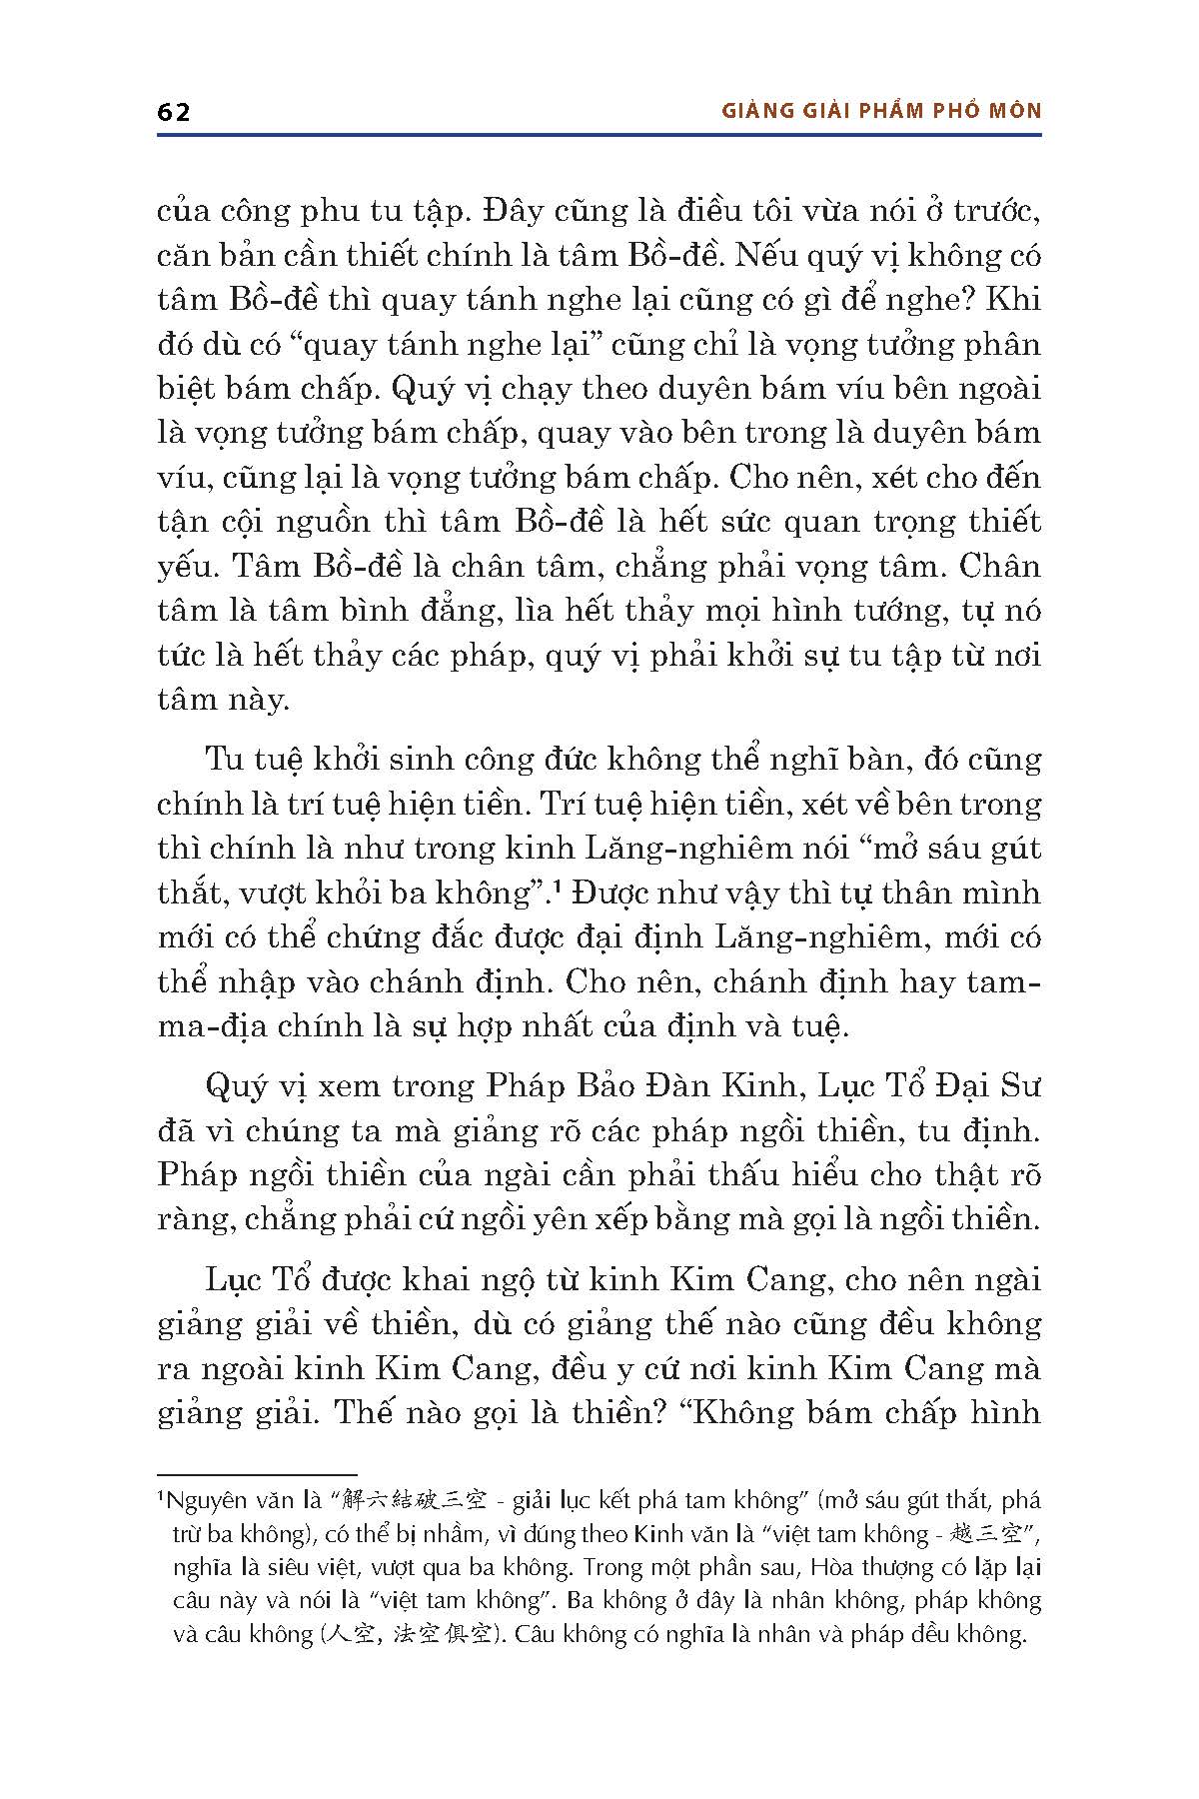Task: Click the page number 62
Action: [174, 112]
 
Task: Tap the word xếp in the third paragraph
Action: [688, 1218]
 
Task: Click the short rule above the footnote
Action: [257, 1473]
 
